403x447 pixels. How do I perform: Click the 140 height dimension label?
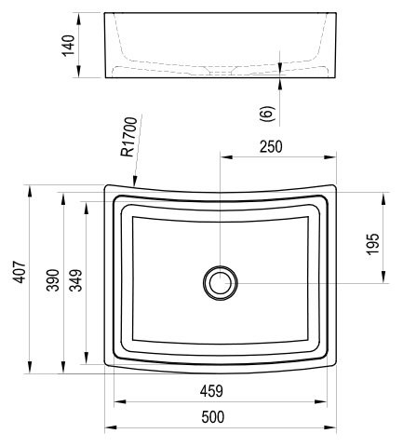69,46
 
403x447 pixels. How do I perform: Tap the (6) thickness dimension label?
267,114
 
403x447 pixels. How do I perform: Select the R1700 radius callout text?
128,137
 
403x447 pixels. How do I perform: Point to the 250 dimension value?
271,147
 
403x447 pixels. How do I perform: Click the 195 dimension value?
372,244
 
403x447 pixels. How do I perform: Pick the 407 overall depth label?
20,272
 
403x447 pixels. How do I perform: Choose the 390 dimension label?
53,280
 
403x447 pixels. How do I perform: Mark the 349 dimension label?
76,280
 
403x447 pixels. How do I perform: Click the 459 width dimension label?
211,391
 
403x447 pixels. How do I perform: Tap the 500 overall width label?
213,417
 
